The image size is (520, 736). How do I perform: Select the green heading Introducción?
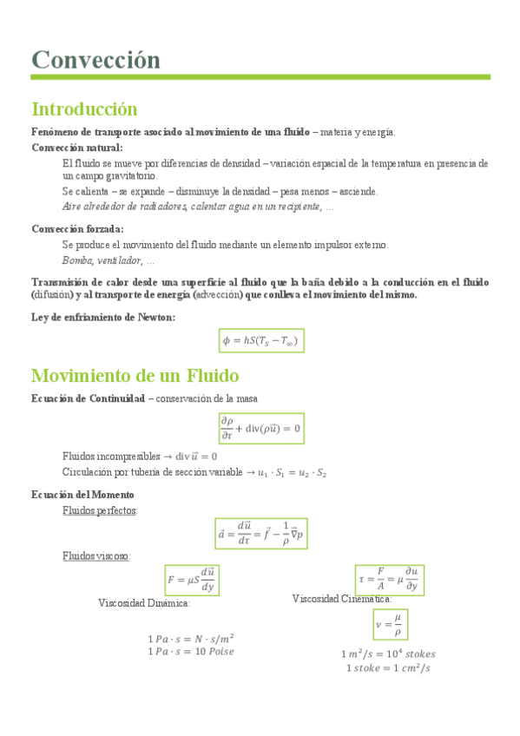coord(84,109)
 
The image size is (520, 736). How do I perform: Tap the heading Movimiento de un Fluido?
coord(135,376)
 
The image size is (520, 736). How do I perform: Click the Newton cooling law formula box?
coord(260,341)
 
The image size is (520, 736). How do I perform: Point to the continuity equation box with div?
coord(260,427)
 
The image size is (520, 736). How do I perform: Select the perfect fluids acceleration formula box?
coord(260,534)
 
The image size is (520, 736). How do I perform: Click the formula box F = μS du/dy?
coord(191,579)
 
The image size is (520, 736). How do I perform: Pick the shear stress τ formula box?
coord(388,578)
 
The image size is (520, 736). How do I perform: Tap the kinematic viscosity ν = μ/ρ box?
coord(389,623)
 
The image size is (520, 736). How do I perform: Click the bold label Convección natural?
coord(77,148)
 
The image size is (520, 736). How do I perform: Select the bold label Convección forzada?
coord(77,229)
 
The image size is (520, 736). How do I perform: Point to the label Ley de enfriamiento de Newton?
coord(102,317)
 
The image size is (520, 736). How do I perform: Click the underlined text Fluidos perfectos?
coord(99,510)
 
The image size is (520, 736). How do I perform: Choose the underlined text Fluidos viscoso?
coord(95,555)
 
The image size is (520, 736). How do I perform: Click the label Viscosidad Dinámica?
coord(143,602)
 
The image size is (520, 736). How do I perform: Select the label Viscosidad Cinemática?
coord(341,598)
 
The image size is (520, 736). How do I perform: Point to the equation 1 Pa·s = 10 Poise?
coord(191,651)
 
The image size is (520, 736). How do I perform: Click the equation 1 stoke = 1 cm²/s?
coord(388,667)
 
